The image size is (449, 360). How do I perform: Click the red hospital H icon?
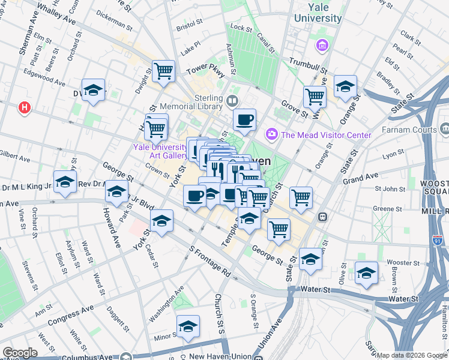[x=25, y=107]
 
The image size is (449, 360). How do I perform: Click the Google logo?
[x=20, y=353]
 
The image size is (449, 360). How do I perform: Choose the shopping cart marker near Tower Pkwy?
[x=163, y=72]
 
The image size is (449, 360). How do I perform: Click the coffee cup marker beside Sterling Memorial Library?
[x=244, y=120]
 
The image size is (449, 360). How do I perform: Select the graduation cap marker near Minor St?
[x=188, y=327]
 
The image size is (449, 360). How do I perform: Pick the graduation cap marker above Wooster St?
[x=366, y=273]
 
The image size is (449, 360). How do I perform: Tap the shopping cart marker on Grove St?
[x=315, y=96]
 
